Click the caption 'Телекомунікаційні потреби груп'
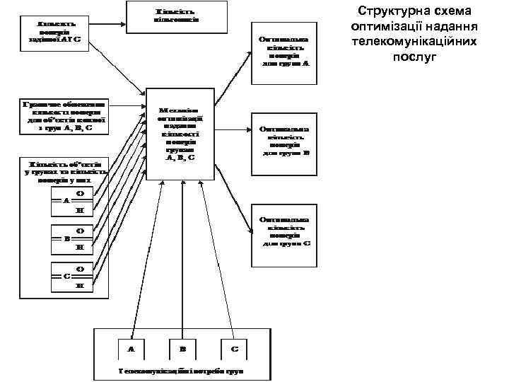(x=182, y=371)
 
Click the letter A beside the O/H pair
(x=66, y=201)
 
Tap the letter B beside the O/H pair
(x=66, y=238)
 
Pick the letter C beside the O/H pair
(x=66, y=276)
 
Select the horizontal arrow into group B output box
(x=233, y=129)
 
